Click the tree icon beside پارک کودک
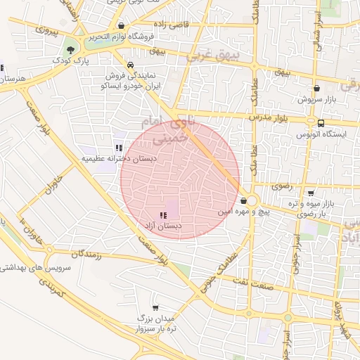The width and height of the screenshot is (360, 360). pyautogui.click(x=70, y=49)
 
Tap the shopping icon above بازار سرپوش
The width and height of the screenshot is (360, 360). pyautogui.click(x=317, y=89)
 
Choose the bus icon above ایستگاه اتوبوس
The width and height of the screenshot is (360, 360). pyautogui.click(x=321, y=123)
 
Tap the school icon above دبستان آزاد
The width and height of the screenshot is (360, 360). pyautogui.click(x=162, y=215)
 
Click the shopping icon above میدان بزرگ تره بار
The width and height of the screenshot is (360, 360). pyautogui.click(x=155, y=307)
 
